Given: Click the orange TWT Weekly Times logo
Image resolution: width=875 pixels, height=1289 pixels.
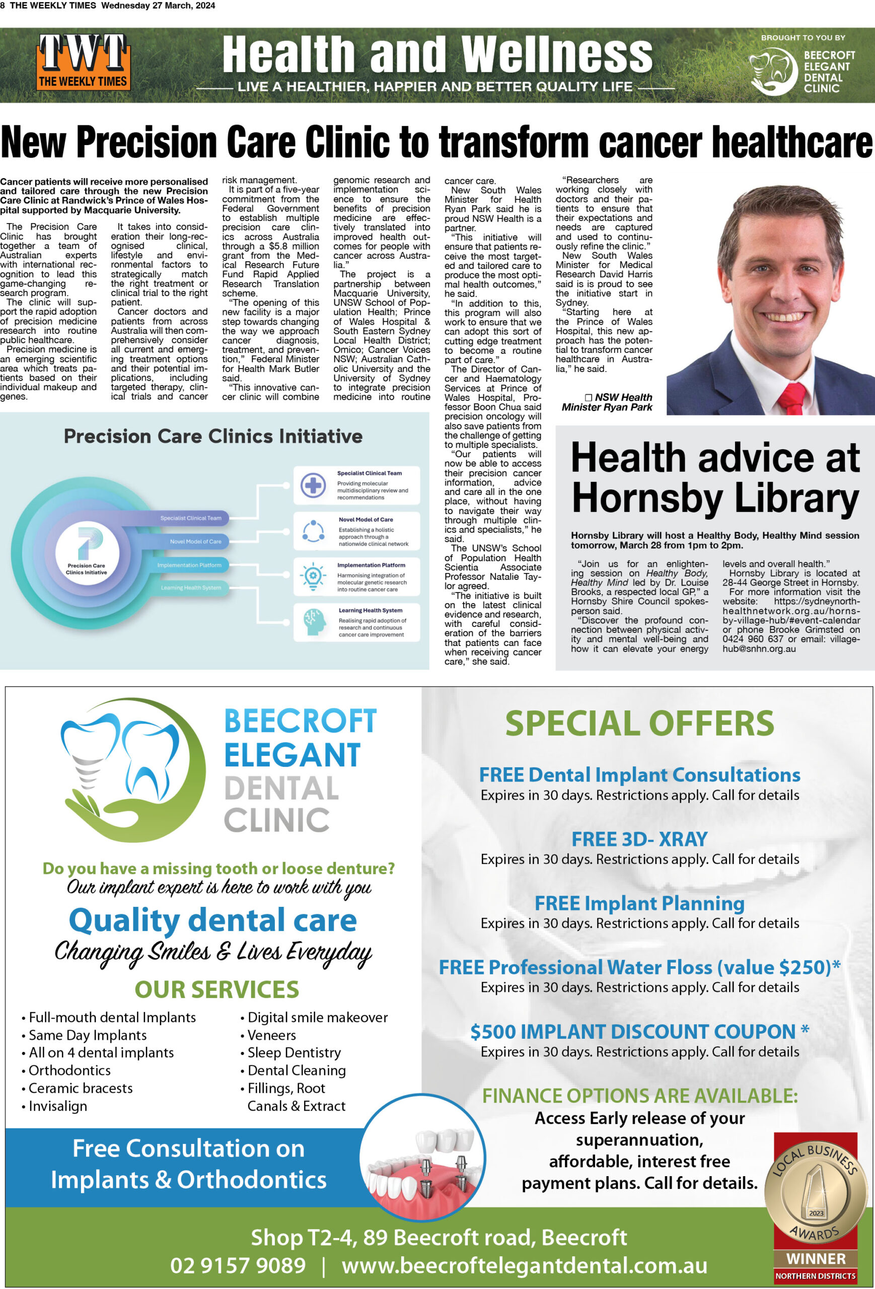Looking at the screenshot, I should tap(83, 62).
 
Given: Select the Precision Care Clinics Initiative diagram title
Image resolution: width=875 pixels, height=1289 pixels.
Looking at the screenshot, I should tap(213, 437).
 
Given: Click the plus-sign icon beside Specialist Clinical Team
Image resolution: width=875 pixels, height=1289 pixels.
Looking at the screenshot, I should tap(313, 485).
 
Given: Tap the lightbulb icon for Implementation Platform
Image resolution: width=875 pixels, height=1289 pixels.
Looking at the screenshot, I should tap(313, 577).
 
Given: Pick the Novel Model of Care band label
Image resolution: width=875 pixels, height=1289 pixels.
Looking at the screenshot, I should tap(195, 541).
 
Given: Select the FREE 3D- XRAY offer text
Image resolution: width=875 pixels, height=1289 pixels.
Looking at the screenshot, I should tap(639, 839).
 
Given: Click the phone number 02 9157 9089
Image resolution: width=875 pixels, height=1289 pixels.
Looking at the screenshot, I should tap(237, 1265).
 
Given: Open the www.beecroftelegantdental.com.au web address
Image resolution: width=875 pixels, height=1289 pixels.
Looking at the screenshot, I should tap(524, 1265).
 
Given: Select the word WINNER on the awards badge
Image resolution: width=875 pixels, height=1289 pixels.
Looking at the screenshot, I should tap(816, 1258).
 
